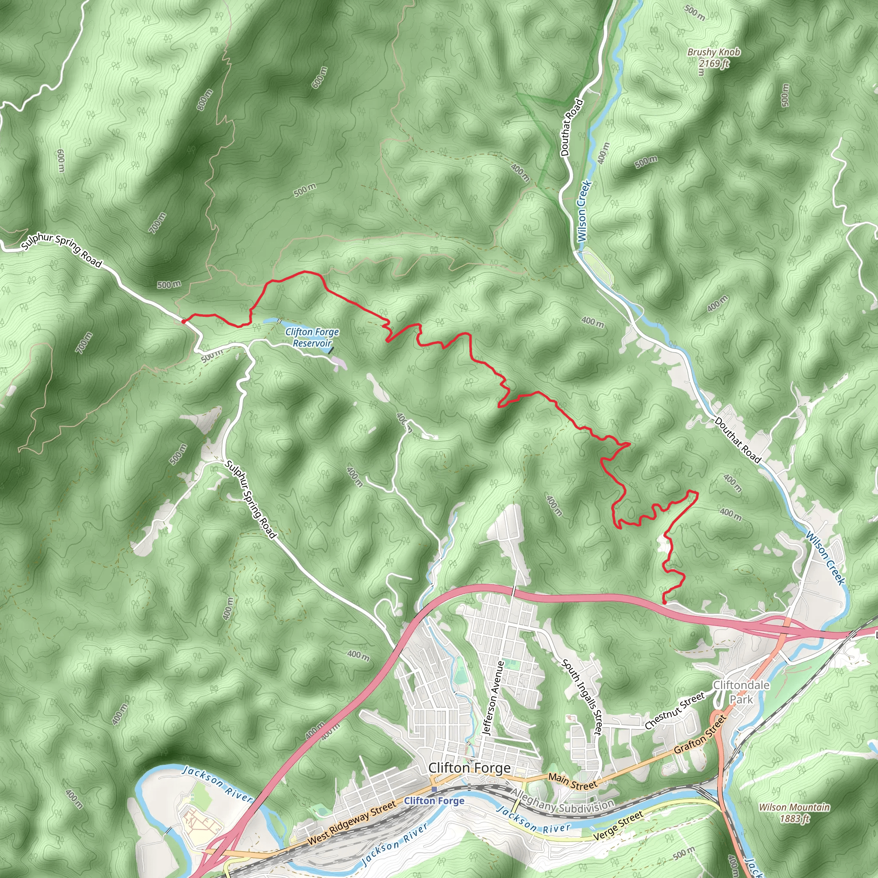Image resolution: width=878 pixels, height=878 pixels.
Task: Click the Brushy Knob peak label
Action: [713, 52]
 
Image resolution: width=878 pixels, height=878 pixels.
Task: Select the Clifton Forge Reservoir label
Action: [312, 338]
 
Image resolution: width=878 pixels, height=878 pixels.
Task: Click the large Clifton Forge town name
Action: [469, 768]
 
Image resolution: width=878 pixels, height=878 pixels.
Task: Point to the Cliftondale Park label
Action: [741, 692]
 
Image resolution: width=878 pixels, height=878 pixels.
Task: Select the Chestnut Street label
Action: [675, 710]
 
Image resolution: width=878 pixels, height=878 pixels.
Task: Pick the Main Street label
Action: [573, 781]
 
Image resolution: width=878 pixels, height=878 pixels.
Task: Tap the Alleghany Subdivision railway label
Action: [563, 805]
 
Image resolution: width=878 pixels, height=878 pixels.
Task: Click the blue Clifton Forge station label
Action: [434, 801]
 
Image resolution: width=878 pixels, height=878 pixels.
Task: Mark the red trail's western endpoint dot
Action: [183, 321]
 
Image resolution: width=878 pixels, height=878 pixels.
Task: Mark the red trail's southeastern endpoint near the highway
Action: [665, 603]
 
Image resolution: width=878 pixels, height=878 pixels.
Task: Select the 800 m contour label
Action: [204, 100]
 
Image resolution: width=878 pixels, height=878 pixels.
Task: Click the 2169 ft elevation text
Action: [713, 63]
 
